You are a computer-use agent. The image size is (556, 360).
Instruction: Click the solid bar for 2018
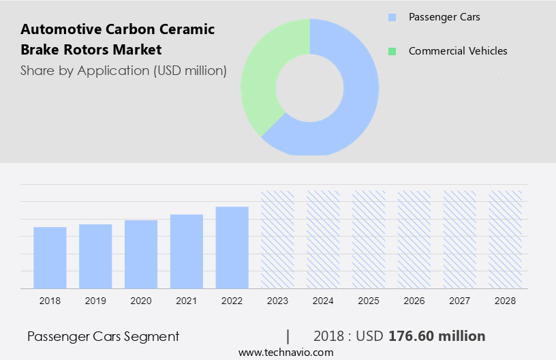50,258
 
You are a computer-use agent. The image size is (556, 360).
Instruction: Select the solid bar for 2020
141,254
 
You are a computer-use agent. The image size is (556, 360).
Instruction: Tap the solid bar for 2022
232,247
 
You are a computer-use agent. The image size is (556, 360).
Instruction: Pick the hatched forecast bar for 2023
278,239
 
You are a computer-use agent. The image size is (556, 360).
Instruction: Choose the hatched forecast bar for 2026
414,239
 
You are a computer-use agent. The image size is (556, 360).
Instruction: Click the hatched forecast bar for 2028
506,239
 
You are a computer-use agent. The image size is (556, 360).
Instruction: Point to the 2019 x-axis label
95,301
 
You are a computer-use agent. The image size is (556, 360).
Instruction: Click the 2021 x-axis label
187,301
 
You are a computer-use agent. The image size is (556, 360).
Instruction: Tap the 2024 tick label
323,301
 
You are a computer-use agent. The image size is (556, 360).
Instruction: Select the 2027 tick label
460,301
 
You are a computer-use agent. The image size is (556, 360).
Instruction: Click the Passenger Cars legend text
444,17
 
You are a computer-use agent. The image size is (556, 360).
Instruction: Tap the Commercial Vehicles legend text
458,51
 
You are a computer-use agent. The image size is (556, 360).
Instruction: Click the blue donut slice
354,102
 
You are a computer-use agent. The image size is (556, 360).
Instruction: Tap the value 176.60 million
437,336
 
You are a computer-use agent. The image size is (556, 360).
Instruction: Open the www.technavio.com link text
285,352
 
